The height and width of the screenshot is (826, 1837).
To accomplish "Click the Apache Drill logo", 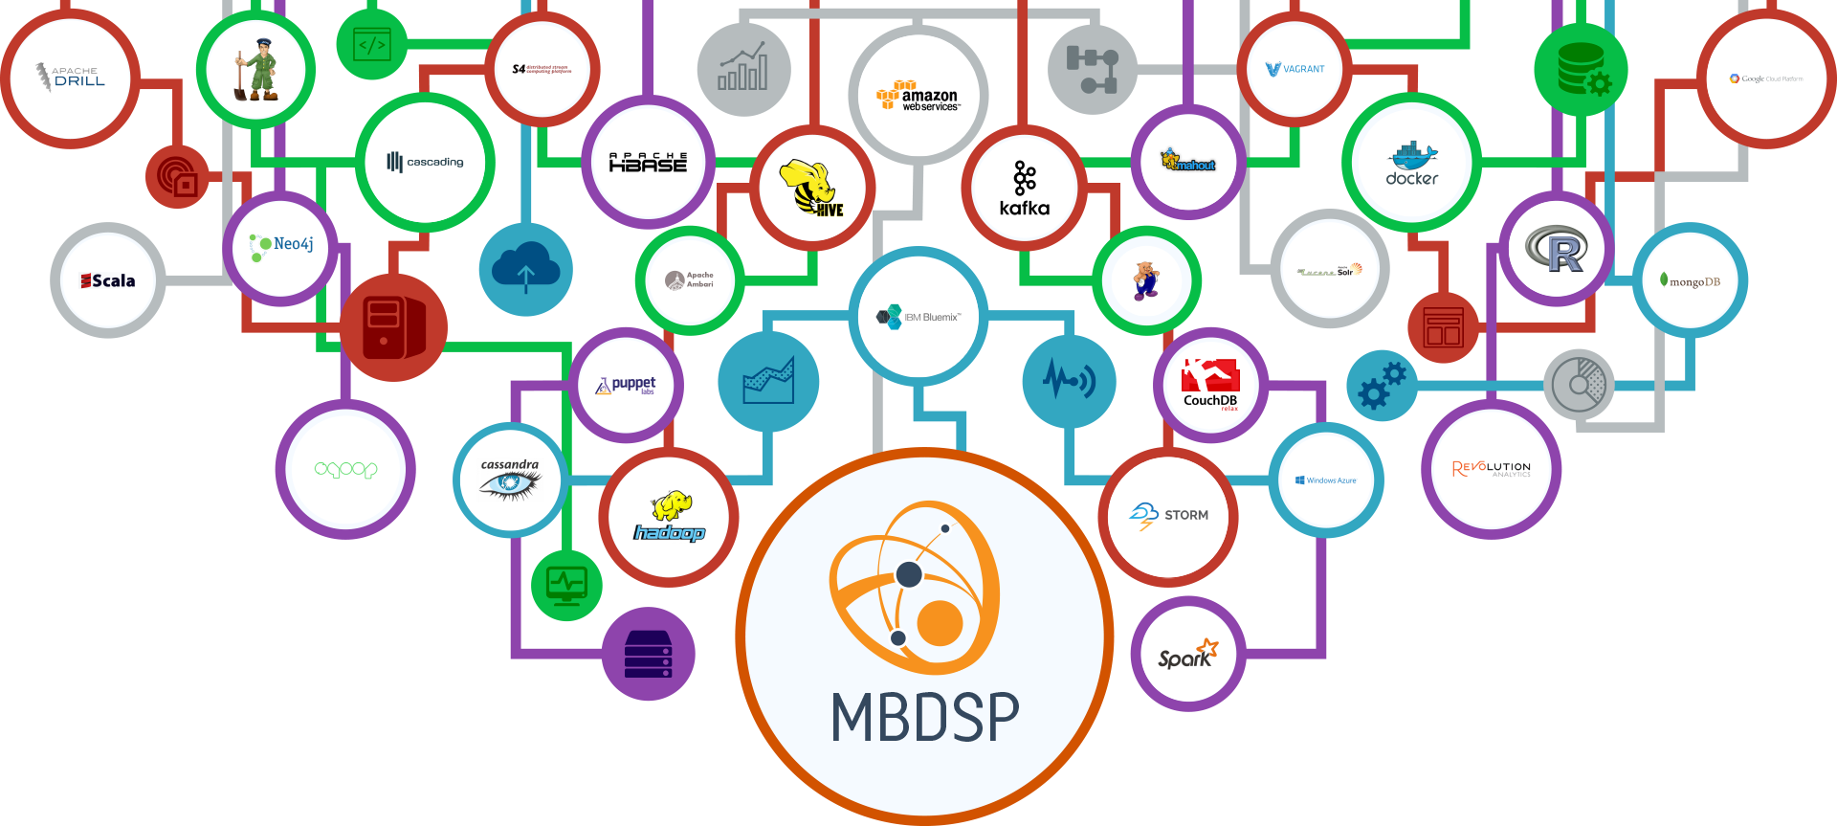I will (71, 77).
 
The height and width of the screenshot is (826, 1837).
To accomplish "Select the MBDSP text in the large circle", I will (924, 717).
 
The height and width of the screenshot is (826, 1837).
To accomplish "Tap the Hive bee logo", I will (811, 188).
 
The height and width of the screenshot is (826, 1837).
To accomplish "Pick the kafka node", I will (1024, 189).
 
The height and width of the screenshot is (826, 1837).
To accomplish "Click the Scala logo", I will (108, 280).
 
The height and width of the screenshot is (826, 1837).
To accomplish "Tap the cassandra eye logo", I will (510, 480).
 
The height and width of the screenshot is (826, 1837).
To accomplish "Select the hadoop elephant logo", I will (669, 518).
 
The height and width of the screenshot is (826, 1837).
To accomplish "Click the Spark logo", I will (1187, 655).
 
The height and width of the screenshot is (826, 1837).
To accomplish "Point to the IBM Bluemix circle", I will (918, 317).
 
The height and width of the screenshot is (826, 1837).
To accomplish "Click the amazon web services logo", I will (918, 97).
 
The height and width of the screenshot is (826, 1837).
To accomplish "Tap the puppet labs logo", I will (627, 385).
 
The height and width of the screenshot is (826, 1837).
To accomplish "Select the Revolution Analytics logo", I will (1491, 469).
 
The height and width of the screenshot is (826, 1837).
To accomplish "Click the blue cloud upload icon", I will (525, 270).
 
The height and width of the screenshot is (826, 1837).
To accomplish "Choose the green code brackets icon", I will (371, 44).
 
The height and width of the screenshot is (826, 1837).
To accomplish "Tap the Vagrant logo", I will (1295, 69).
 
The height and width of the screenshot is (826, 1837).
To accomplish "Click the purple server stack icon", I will (649, 655).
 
